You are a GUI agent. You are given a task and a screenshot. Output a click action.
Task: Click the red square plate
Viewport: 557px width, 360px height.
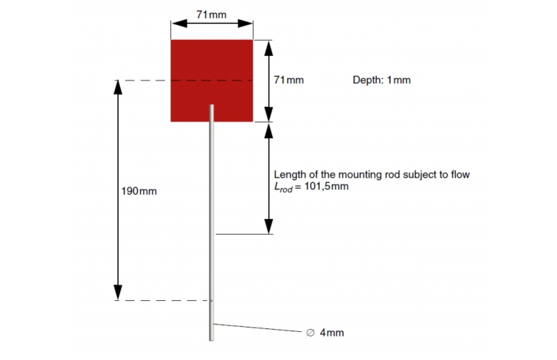coord(212,80)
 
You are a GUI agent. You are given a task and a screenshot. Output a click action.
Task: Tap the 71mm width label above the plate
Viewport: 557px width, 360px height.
coord(211,15)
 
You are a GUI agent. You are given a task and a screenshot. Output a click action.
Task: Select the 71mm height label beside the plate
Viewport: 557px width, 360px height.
coord(288,80)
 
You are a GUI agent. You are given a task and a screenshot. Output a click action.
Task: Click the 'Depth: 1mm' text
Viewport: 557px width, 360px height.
coord(381,80)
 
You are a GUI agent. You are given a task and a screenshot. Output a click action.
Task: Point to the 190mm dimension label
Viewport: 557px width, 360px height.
coord(139,191)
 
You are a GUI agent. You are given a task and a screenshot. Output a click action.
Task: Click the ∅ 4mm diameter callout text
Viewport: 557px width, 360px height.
coord(325,333)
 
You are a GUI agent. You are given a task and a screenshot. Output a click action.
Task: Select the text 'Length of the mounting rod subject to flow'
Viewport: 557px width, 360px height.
coord(372,175)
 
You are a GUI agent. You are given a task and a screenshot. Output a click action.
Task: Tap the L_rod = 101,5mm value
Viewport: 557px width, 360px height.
coord(311,187)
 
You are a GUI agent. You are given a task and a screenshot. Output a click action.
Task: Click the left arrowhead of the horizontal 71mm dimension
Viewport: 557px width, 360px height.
coord(179,24)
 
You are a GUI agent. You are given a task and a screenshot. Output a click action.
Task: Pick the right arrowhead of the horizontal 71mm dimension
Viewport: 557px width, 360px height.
coord(245,24)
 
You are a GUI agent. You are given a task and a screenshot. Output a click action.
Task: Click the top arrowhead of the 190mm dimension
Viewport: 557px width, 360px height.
coord(118,88)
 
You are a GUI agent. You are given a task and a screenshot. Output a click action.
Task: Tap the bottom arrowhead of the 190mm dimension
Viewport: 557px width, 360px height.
coord(118,293)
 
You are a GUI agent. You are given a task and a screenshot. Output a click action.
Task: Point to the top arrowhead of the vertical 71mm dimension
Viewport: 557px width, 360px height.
coord(269,48)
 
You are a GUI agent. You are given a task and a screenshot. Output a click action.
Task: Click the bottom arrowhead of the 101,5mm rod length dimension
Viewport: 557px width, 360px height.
coord(269,226)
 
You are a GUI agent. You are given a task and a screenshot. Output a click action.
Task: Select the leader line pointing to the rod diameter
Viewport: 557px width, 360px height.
coord(258,328)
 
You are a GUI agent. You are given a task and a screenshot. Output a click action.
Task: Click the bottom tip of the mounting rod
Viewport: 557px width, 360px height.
coord(211,341)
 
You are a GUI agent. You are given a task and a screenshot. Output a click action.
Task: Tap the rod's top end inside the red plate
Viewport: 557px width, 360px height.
coord(212,105)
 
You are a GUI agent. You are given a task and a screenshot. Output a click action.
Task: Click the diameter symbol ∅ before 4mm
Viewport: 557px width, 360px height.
coord(310,333)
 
